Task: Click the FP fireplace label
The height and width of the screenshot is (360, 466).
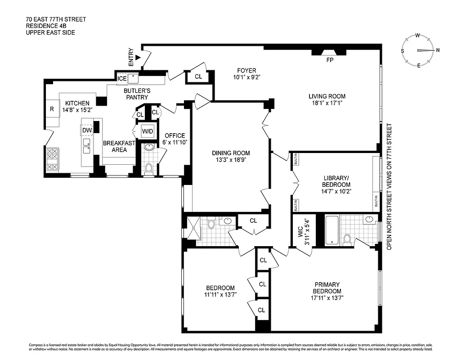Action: (x=330, y=60)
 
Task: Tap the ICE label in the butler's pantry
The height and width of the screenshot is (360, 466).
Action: (x=122, y=79)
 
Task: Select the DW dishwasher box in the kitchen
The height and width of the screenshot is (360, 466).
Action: (x=87, y=130)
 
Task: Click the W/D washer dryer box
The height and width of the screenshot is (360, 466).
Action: (x=148, y=131)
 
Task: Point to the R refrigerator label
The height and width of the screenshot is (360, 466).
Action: (x=52, y=109)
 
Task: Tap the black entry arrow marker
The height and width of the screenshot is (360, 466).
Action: (x=138, y=57)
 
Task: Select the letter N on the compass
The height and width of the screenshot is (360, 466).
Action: (x=438, y=50)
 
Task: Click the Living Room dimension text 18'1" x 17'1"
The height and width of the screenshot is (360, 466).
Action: (x=327, y=103)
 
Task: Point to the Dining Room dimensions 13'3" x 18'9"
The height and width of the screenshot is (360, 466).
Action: (x=231, y=160)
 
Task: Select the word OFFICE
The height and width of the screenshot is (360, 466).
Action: (x=175, y=135)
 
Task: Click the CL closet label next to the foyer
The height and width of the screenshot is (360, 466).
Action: (x=198, y=77)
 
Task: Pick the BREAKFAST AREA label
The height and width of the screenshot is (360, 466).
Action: (x=119, y=146)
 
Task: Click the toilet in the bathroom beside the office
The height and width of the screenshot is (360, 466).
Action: (x=149, y=168)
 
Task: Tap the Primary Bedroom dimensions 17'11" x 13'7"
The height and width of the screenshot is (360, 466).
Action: (x=327, y=297)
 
